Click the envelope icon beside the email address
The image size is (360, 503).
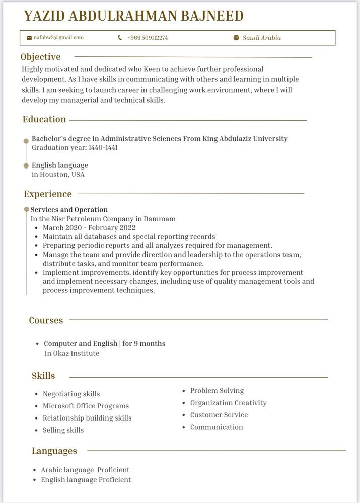[x=29, y=38]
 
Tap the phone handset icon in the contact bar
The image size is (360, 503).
[x=120, y=38]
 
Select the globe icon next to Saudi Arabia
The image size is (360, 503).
[x=236, y=38]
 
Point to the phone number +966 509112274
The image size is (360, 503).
[x=148, y=38]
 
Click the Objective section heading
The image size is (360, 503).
[x=40, y=57]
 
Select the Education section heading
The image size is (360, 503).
[x=44, y=119]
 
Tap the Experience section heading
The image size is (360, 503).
[x=48, y=194]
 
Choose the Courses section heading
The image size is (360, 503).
[x=46, y=320]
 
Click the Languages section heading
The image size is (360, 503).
[x=54, y=451]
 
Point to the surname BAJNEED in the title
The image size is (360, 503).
[x=203, y=16]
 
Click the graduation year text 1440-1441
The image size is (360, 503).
[x=103, y=148]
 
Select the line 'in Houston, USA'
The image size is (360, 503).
[x=58, y=174]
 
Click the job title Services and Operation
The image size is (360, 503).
[x=69, y=209]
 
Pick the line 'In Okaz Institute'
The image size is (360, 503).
[x=72, y=353]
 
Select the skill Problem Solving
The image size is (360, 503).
[x=217, y=390]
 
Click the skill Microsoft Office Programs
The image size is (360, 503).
[x=86, y=406]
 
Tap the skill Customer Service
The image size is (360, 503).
[x=219, y=415]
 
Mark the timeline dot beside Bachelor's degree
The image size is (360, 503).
[x=26, y=141]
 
